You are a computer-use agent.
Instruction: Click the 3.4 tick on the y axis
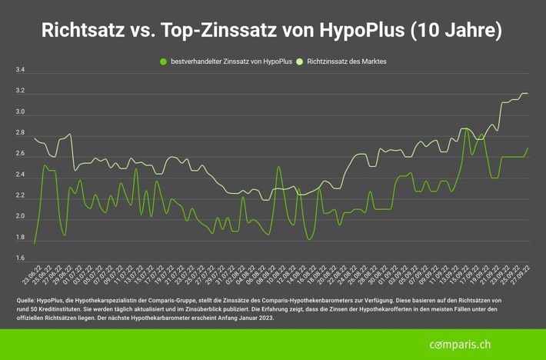[x=20, y=71]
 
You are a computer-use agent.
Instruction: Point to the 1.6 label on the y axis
[x=20, y=258]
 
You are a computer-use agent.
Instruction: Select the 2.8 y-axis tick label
[x=20, y=133]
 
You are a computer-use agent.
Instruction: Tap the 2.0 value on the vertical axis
[x=20, y=217]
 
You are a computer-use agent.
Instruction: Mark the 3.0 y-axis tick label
[x=20, y=112]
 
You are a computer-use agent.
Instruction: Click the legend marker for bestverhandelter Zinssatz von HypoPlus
[x=162, y=60]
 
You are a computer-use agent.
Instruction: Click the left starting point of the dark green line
[x=35, y=243]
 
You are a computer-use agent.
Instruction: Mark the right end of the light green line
[x=528, y=94]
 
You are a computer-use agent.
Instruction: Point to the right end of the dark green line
[x=528, y=148]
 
